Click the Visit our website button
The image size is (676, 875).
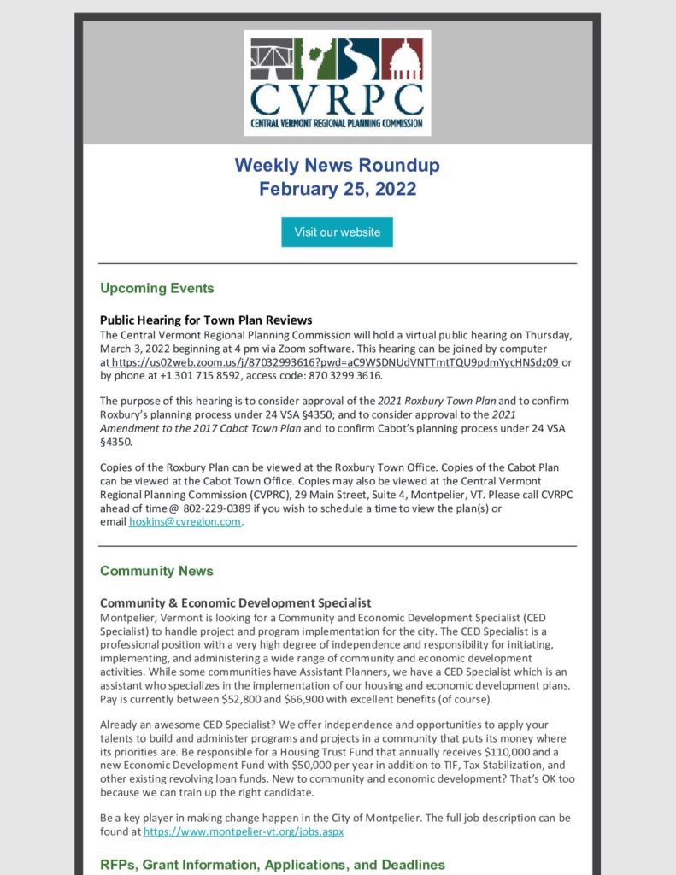coord(337,232)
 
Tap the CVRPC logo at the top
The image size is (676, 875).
coord(337,83)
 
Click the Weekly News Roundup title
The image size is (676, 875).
coord(337,164)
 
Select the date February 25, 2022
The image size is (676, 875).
coord(337,189)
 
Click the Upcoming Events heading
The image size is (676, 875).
coord(156,288)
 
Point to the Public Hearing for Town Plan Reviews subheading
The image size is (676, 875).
coord(206,320)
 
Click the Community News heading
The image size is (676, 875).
coord(156,571)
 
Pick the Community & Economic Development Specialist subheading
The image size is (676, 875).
coord(235,603)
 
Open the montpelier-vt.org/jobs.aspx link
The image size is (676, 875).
coord(244,831)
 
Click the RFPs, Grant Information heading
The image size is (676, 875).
coord(273,865)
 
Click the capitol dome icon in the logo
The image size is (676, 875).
coord(402,57)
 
